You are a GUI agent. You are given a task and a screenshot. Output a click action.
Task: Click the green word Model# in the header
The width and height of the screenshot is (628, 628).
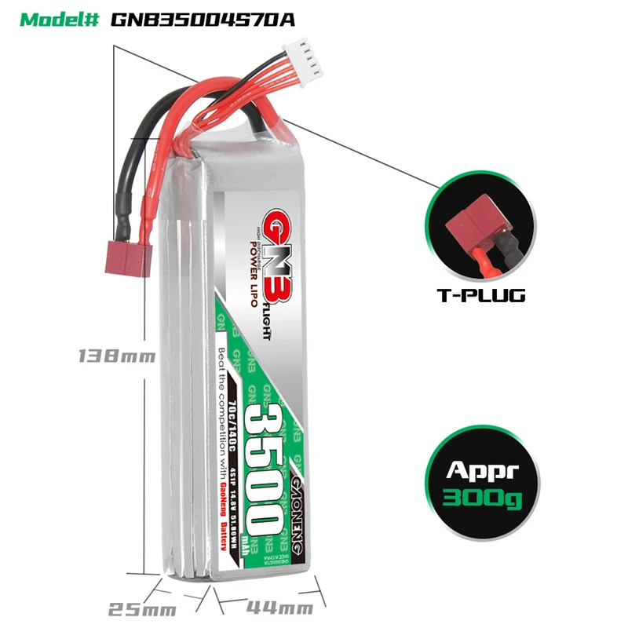(60, 19)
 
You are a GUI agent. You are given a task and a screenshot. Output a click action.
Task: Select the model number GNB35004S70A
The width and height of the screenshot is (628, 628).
(203, 19)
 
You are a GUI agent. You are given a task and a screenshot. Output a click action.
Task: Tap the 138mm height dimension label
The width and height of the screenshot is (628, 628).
(115, 356)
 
